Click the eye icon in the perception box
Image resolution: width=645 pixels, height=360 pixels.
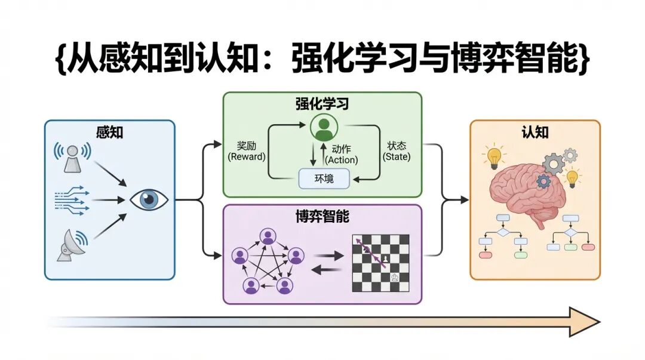tap(149, 199)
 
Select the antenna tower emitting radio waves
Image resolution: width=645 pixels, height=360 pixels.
tap(72, 157)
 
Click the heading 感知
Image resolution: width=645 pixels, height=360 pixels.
tap(109, 132)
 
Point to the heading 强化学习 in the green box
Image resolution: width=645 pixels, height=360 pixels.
tap(322, 103)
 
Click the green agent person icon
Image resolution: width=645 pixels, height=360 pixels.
tap(323, 127)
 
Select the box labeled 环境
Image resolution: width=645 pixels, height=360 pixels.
tap(324, 178)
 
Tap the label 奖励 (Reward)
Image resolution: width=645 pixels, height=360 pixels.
tap(246, 150)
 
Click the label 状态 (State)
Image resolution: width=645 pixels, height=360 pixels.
tap(397, 150)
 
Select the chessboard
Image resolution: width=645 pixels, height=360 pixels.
tap(380, 262)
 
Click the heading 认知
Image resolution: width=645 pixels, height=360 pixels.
tap(535, 132)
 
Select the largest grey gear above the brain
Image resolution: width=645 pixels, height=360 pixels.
tap(555, 163)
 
